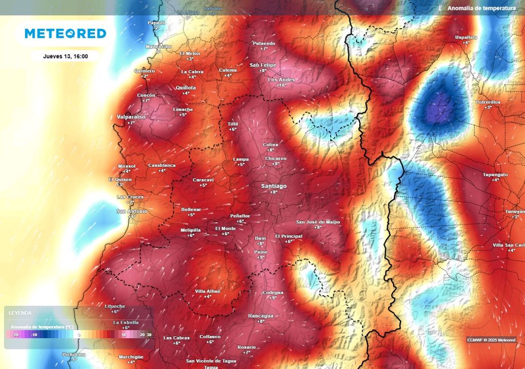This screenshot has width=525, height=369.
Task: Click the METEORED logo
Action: [x=66, y=34]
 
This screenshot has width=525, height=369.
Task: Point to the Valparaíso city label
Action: [x=131, y=117]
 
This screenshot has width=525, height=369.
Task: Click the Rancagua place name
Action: [x=260, y=316]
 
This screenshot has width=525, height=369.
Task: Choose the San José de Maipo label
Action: [x=316, y=222]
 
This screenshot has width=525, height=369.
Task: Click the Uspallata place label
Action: [x=466, y=37]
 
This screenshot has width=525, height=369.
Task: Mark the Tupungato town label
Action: [x=495, y=175]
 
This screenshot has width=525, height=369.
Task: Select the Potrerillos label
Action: [x=488, y=102]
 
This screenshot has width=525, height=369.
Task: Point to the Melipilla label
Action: [x=190, y=230]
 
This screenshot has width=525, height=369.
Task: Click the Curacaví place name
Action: [x=203, y=180]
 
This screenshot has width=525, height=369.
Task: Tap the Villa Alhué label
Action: [x=208, y=291]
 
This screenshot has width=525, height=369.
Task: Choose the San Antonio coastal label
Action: [x=132, y=211]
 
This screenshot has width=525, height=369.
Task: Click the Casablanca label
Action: [x=161, y=165]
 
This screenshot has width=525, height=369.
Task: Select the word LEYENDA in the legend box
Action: [x=21, y=313]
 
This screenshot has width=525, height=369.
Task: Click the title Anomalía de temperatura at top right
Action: [x=481, y=8]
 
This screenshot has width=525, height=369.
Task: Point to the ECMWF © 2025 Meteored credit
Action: [x=491, y=340]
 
